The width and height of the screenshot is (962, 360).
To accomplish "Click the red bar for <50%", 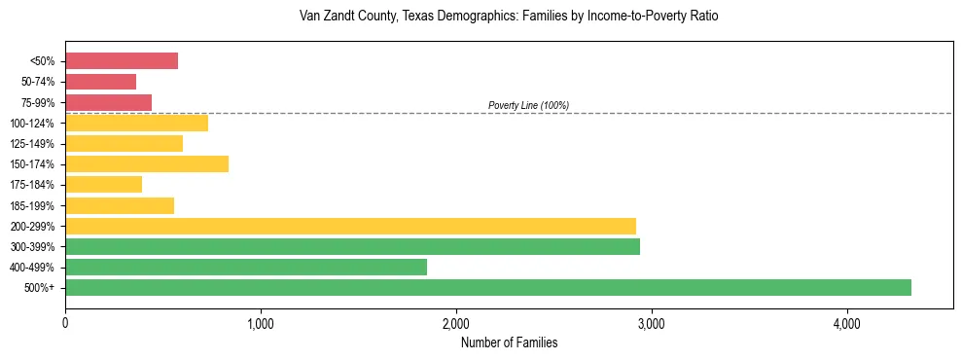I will tap(122, 61).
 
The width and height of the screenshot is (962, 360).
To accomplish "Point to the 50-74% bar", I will tap(100, 82).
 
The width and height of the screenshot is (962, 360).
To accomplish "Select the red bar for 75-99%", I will tap(108, 102).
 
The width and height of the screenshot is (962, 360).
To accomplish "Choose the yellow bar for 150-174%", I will tap(147, 163).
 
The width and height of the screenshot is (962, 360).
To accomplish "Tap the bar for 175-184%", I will tap(103, 184).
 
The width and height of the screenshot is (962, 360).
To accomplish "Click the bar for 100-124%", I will tap(136, 123).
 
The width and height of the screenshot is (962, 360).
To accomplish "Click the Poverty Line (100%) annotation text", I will tap(528, 105).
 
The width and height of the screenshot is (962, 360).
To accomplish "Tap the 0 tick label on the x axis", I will tap(65, 323).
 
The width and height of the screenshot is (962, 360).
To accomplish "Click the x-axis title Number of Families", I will tap(509, 342).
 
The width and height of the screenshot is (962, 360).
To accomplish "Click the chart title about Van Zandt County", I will tap(509, 18).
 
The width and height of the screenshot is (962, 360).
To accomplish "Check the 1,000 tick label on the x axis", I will tap(261, 323).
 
